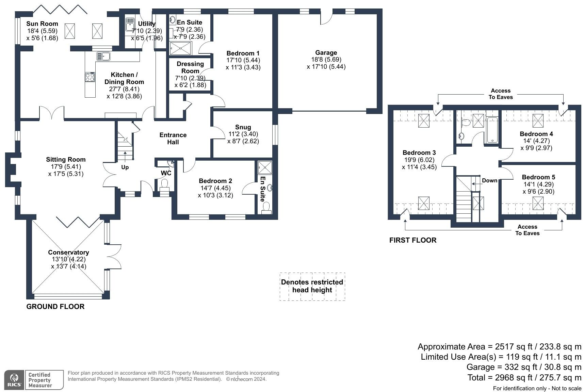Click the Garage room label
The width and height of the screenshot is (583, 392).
click(326, 53)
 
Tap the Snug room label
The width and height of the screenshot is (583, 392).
click(243, 127)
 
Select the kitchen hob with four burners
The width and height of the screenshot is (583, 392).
click(90, 77)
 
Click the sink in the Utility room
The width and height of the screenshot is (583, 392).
click(130, 24)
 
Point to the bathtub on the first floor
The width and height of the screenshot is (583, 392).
click(492, 130)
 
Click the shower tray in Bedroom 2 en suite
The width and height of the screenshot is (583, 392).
click(265, 168)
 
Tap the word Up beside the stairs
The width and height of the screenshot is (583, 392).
click(125, 167)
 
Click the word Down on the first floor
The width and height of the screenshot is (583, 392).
click(489, 181)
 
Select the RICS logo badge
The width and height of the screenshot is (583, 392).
click(14, 380)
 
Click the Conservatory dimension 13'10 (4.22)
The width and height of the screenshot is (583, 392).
click(68, 259)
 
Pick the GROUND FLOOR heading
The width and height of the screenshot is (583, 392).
click(55, 307)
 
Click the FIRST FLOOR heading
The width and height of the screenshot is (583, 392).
click(412, 240)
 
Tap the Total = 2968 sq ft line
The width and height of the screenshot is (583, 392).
click(524, 377)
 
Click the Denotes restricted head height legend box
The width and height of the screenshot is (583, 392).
click(312, 286)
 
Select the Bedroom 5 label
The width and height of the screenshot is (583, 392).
click(538, 177)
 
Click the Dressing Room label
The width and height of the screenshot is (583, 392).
click(190, 67)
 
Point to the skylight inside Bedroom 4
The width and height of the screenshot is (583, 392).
click(538, 120)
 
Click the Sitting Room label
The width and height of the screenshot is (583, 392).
click(66, 160)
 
